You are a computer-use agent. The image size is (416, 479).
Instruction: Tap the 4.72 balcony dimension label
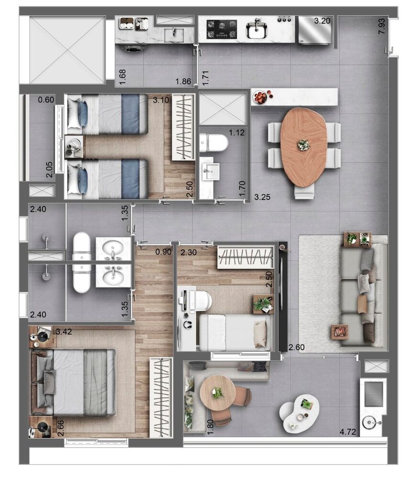click(x=349, y=432)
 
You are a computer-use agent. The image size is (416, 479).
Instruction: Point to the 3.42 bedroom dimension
click(x=64, y=331)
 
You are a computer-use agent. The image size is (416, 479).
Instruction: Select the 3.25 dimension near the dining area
click(x=263, y=197)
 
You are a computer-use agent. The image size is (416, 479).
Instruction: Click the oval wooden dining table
click(x=304, y=147)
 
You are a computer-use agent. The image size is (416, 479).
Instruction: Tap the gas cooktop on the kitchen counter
click(x=222, y=29)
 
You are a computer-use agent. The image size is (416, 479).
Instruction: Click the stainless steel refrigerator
click(x=315, y=30)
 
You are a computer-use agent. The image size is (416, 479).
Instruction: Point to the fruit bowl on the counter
click(x=260, y=97)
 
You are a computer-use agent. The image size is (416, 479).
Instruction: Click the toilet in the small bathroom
click(x=214, y=142)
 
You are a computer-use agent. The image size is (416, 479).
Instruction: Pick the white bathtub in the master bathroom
click(x=82, y=262)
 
